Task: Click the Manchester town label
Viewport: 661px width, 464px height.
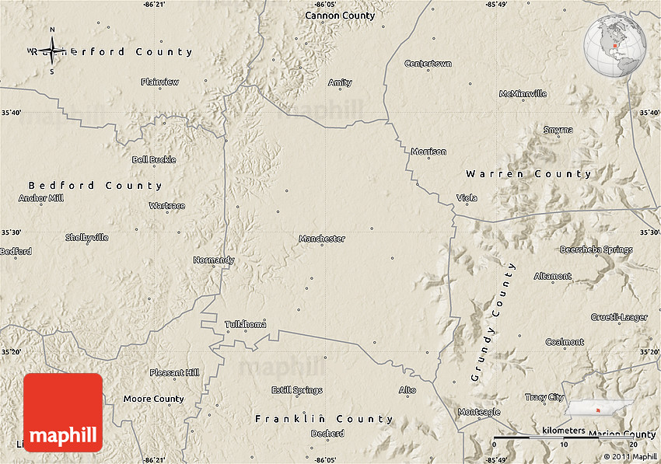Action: tap(322, 239)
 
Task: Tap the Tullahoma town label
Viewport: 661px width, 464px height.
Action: tap(245, 323)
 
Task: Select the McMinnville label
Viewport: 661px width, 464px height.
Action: tap(523, 94)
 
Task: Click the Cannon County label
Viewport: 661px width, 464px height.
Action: tap(340, 16)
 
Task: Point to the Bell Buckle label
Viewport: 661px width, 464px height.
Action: tap(154, 159)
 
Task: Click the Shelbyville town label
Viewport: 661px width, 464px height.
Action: tap(87, 237)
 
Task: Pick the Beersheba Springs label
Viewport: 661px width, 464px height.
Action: tap(596, 249)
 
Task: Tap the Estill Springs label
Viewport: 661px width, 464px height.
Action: tap(296, 390)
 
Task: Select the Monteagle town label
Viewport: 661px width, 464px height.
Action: tap(479, 412)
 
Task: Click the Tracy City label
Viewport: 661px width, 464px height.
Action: tap(544, 397)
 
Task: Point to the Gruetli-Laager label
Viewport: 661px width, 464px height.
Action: tap(619, 317)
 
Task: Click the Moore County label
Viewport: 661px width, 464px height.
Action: tap(154, 399)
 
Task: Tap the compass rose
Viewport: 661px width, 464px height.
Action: tap(52, 51)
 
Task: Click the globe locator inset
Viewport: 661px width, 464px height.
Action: tap(615, 46)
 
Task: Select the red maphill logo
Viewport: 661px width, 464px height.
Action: tap(63, 412)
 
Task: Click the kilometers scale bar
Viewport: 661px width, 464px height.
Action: tap(565, 437)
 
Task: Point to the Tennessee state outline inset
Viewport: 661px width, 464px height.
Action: tap(599, 408)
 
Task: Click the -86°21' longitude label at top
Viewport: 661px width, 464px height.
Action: tap(154, 5)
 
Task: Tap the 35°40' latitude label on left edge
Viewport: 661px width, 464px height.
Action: tap(11, 113)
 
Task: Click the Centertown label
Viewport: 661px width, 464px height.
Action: tap(428, 63)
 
